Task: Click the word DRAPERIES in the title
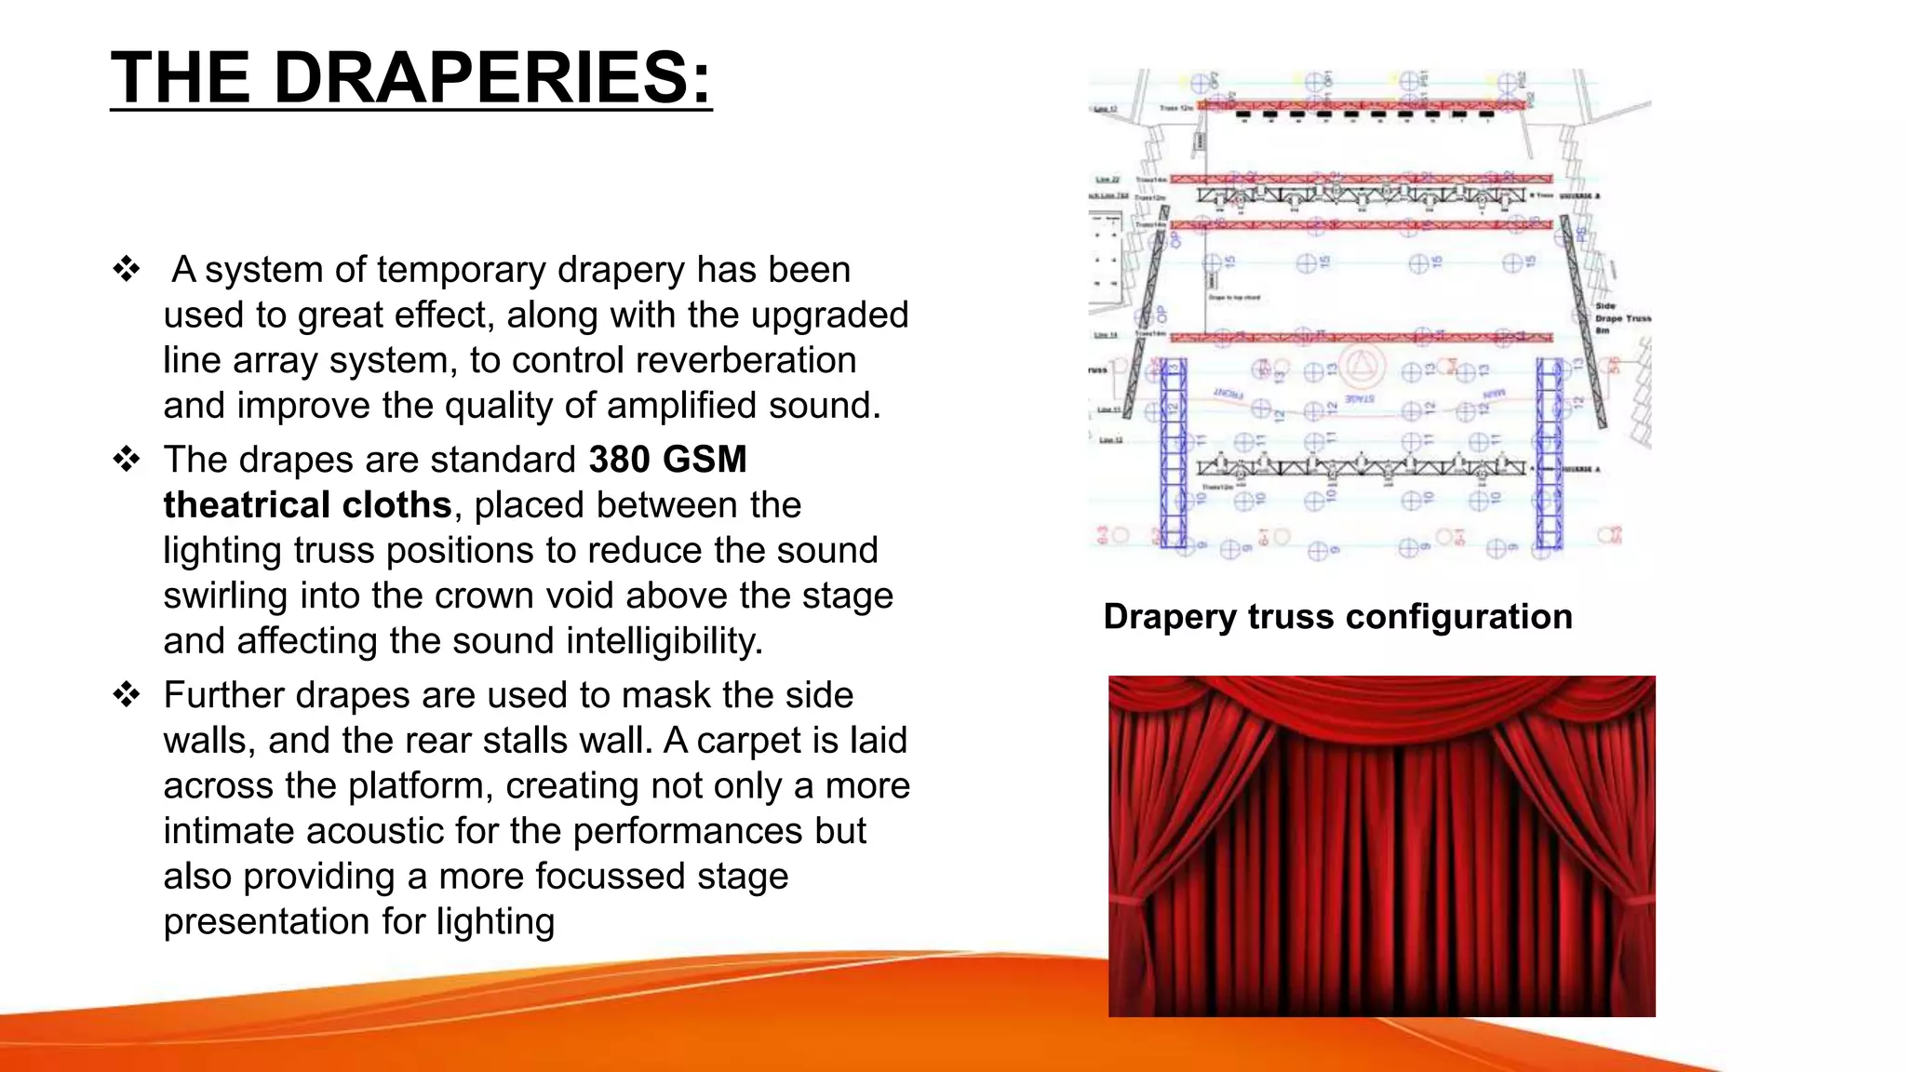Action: pos(493,77)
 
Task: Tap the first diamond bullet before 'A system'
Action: pos(127,270)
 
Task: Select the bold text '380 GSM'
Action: pos(667,460)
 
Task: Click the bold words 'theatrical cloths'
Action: pos(307,505)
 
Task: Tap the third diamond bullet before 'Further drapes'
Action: pos(127,695)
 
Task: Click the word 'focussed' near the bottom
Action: pos(610,877)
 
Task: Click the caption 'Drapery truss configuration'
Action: pos(1337,617)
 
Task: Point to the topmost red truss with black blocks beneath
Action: pos(1361,105)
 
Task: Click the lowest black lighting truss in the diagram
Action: pos(1361,468)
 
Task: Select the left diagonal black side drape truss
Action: pos(1143,326)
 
